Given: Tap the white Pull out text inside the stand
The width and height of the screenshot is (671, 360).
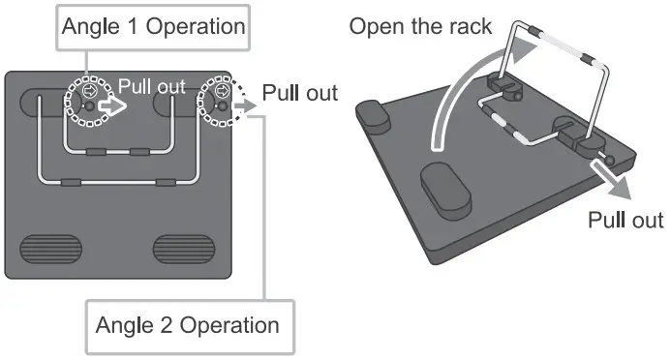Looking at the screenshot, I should pos(151,86).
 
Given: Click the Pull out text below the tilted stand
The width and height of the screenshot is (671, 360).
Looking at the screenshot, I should pos(625,220).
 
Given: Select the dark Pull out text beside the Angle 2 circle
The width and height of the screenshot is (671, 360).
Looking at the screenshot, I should pos(300,93).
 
